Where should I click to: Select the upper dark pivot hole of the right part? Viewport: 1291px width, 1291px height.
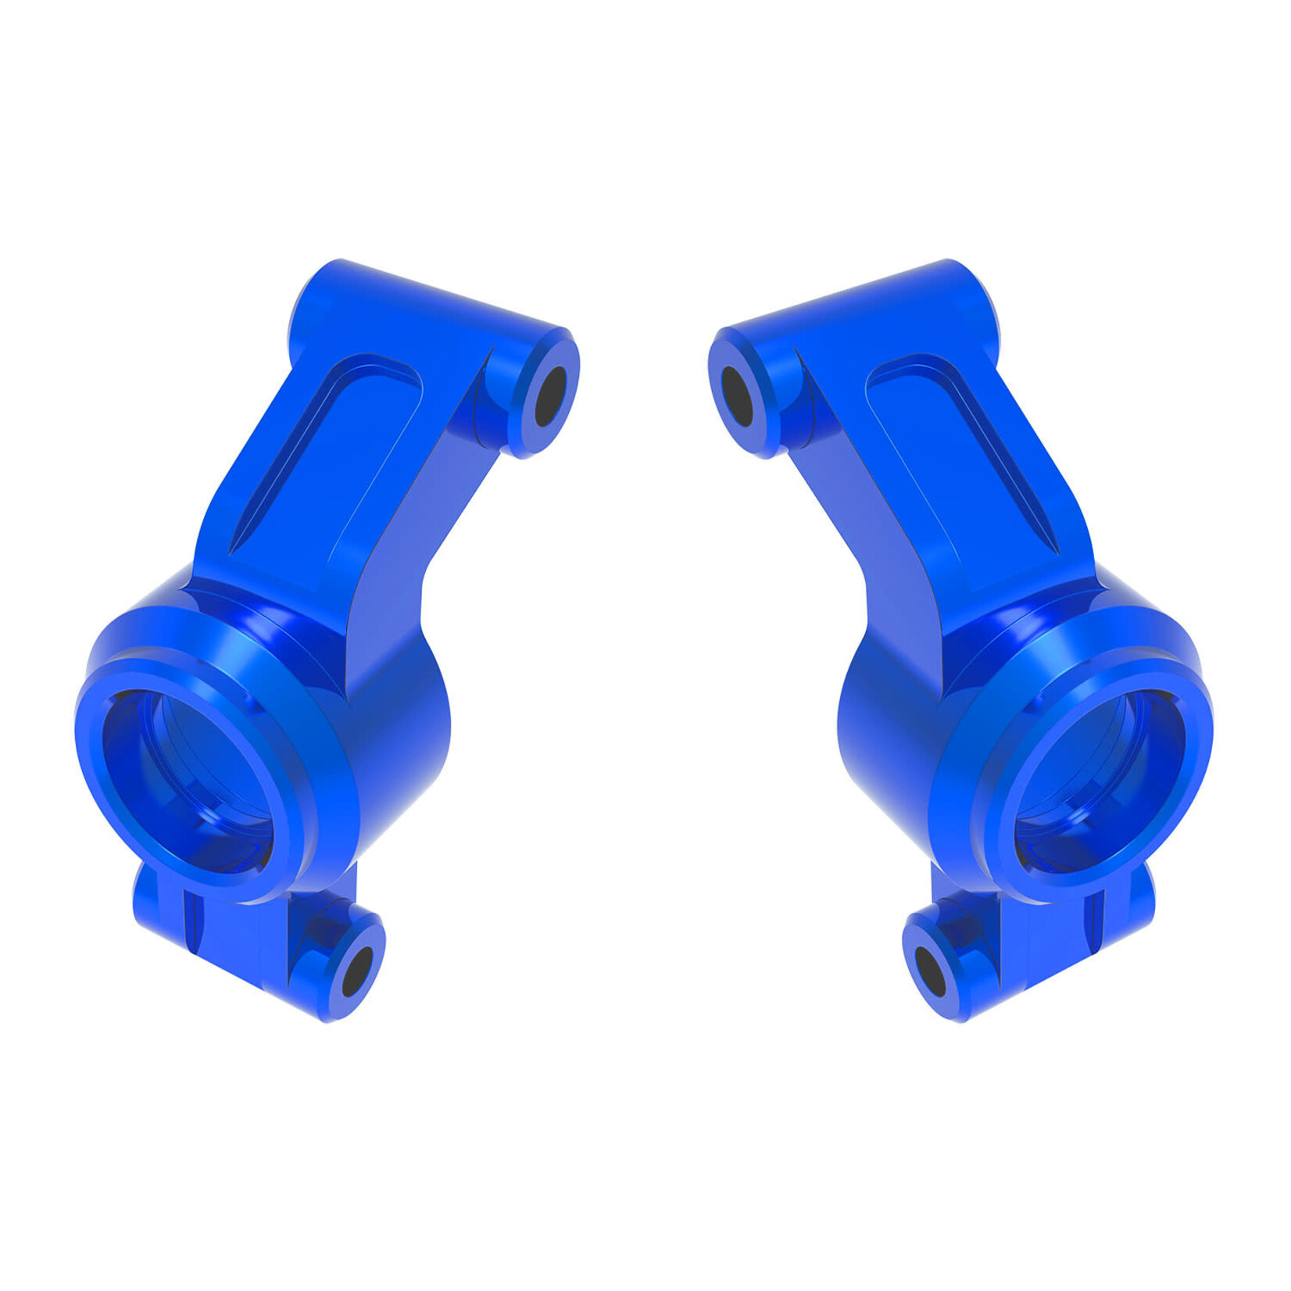pos(736,395)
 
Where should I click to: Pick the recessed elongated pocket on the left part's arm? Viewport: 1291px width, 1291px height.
pos(328,453)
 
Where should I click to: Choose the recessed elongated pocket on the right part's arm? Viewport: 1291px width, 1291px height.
pos(961,453)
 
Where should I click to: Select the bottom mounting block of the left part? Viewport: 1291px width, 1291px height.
pos(234,938)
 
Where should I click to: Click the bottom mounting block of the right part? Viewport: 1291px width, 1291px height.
pos(1055,938)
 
